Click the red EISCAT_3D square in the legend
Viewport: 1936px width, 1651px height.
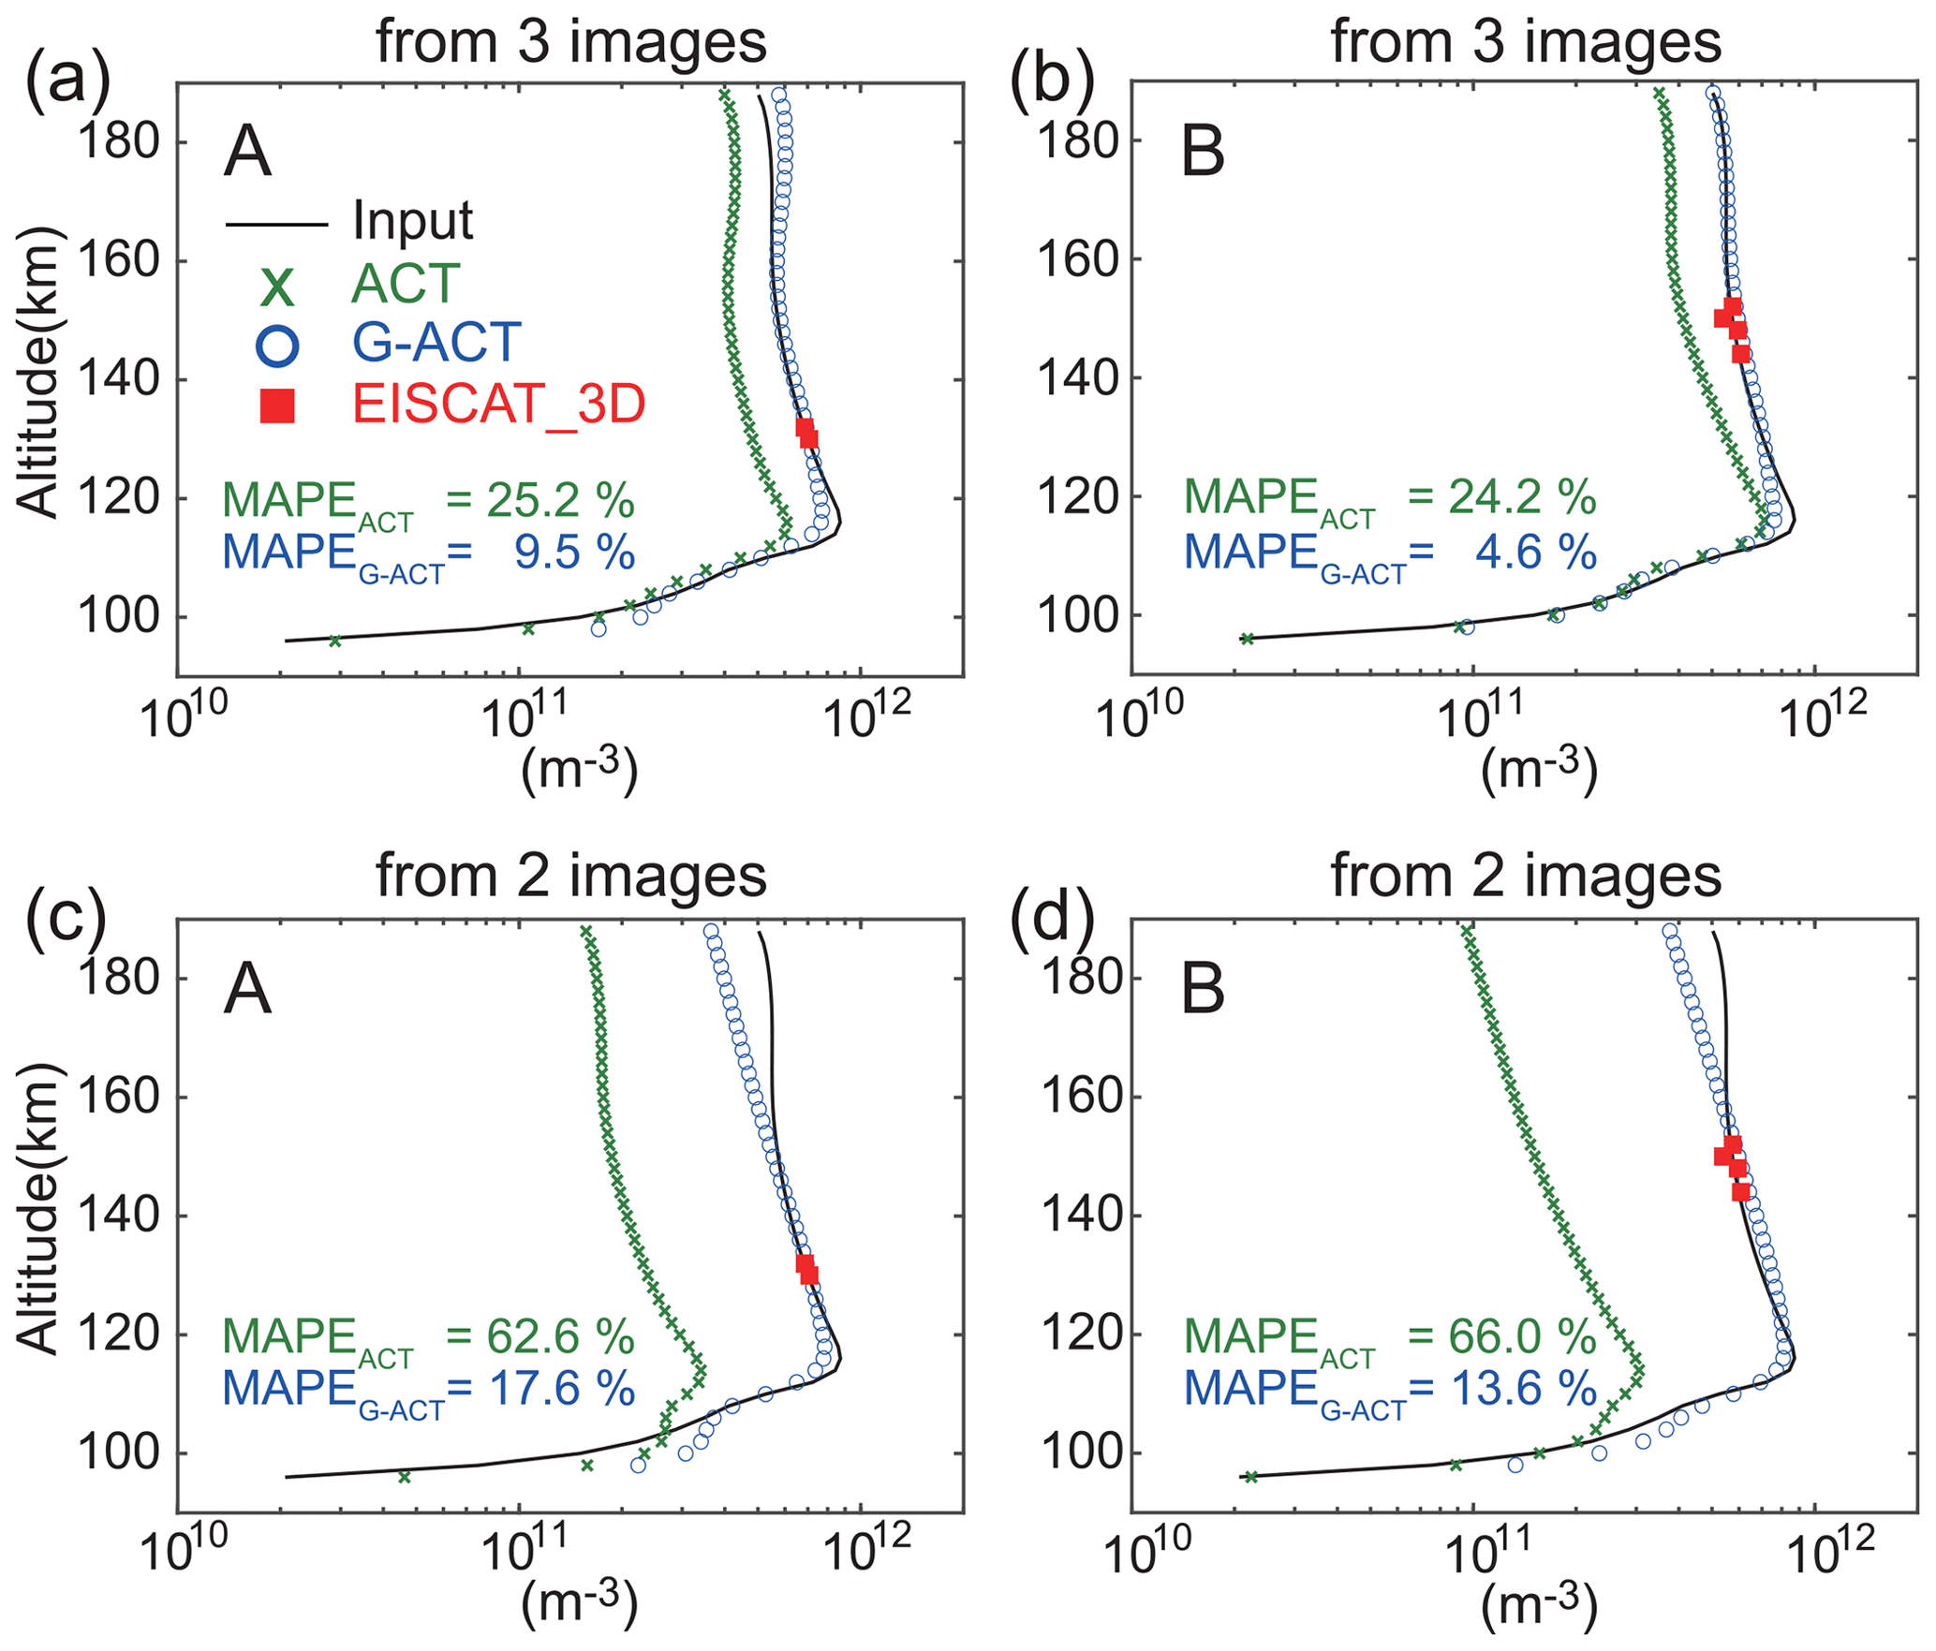click(277, 405)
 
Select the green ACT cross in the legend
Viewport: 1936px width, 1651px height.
click(277, 286)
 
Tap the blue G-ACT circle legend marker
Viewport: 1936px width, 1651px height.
click(277, 345)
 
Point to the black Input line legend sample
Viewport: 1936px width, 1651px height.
click(276, 225)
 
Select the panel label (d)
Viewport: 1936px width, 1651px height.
click(1050, 916)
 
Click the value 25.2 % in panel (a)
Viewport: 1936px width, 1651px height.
click(560, 501)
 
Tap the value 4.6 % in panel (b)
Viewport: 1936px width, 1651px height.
click(1535, 553)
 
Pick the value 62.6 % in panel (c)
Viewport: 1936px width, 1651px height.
click(560, 1336)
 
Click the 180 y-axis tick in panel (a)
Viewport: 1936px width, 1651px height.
click(118, 142)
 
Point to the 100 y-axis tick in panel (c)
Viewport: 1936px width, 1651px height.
click(118, 1452)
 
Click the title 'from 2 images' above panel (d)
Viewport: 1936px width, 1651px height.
click(1526, 877)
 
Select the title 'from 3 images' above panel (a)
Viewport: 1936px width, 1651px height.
click(571, 42)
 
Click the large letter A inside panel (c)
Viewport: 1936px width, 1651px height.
click(247, 990)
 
